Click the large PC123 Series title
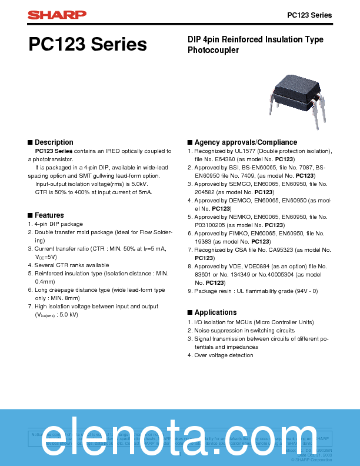tap(87, 45)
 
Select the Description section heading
tap(54, 142)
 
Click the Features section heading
tap(49, 215)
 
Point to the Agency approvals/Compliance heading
tap(245, 142)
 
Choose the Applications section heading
tap(215, 312)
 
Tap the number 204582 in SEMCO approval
tap(206, 192)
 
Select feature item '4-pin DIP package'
tap(58, 224)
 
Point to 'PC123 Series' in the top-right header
tap(309, 15)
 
